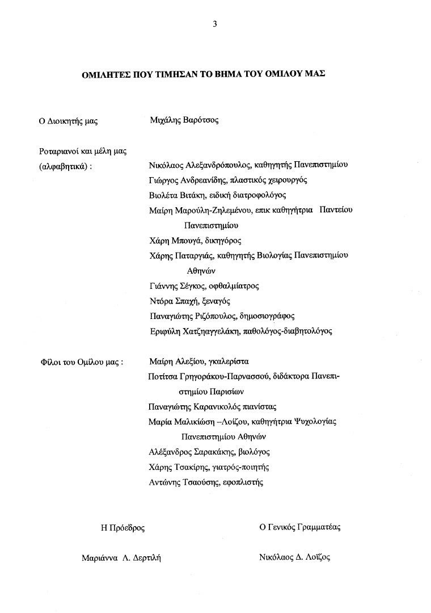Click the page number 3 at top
point(214,24)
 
